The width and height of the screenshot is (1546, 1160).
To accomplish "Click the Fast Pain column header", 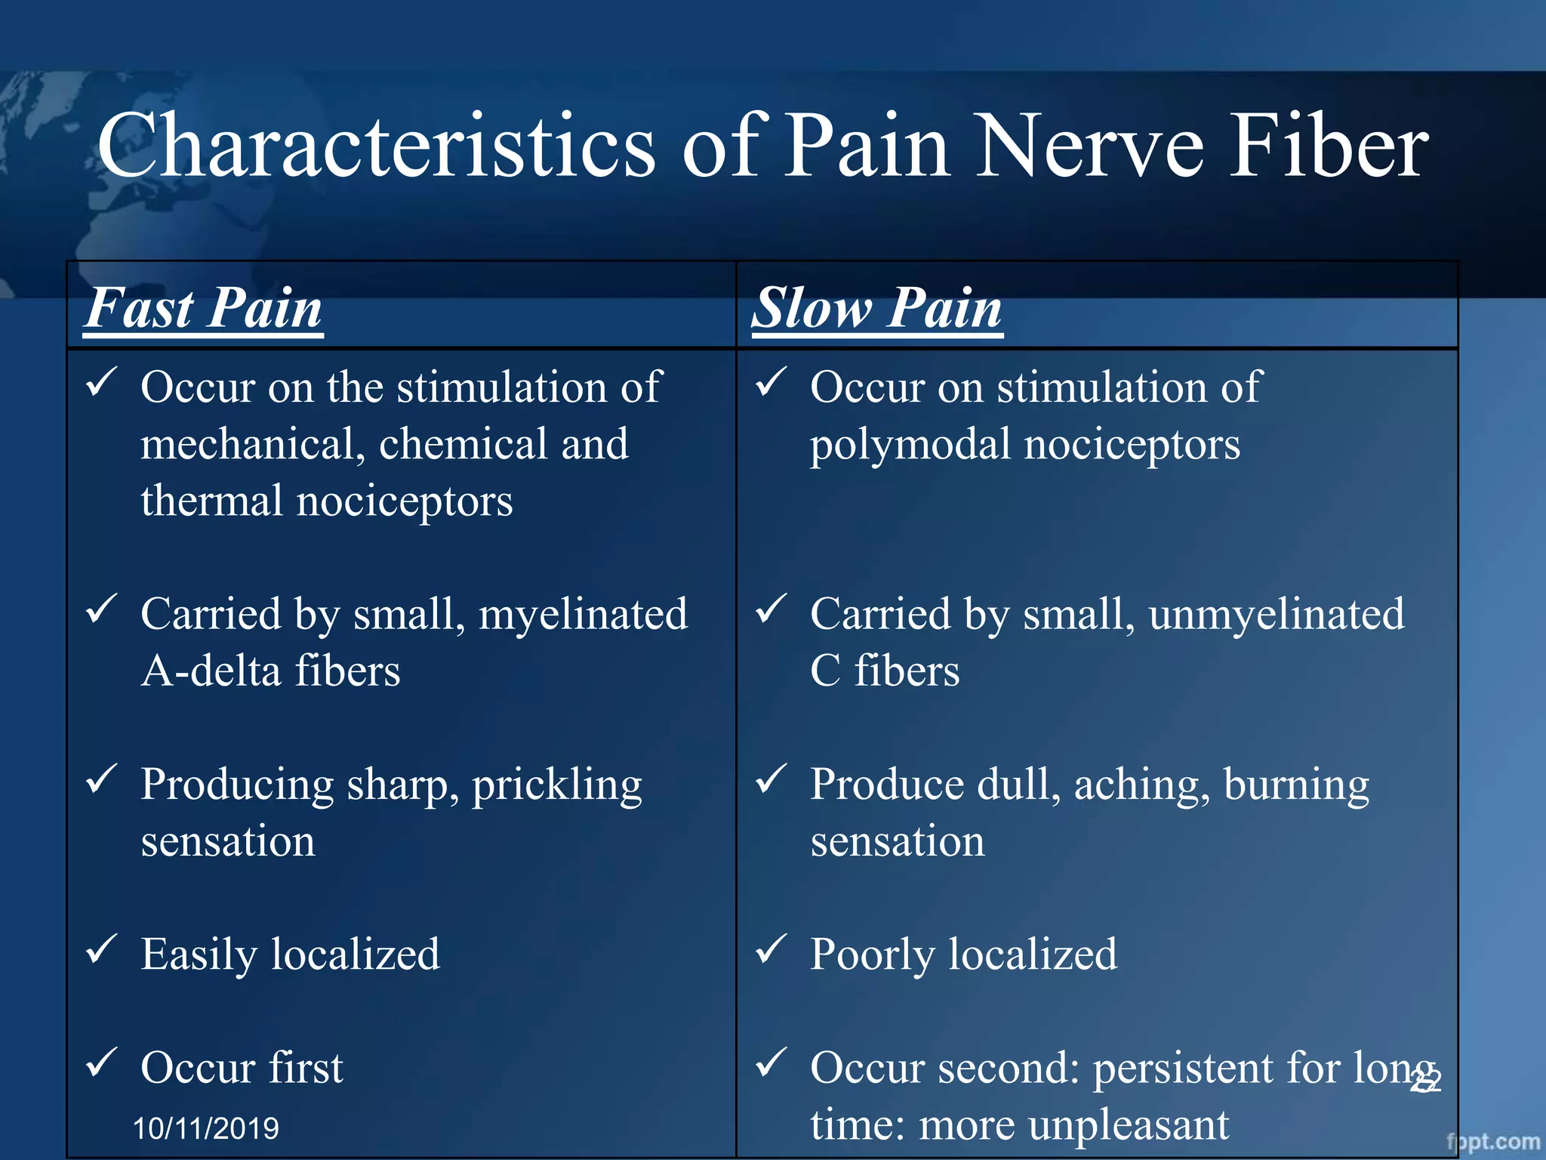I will coord(204,308).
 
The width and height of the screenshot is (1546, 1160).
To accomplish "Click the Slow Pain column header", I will coord(877,308).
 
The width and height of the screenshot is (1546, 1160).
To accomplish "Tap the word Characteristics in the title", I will coord(376,146).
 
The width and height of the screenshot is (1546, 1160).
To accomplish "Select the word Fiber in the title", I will coord(1328,146).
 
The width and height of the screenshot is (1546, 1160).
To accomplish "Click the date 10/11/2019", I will coord(206,1128).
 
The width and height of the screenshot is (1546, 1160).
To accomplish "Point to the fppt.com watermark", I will coord(1492,1142).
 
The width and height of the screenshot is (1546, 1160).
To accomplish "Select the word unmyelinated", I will coord(1277,614).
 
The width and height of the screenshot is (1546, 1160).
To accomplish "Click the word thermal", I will coord(211,501).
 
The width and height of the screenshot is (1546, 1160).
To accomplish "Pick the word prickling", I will coord(557,785).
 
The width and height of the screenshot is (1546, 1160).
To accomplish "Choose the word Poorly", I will coord(872,955).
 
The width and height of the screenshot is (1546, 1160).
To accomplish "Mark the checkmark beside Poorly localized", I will coord(771,949).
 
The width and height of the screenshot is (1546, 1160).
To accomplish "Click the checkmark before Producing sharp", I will coord(101,779).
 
